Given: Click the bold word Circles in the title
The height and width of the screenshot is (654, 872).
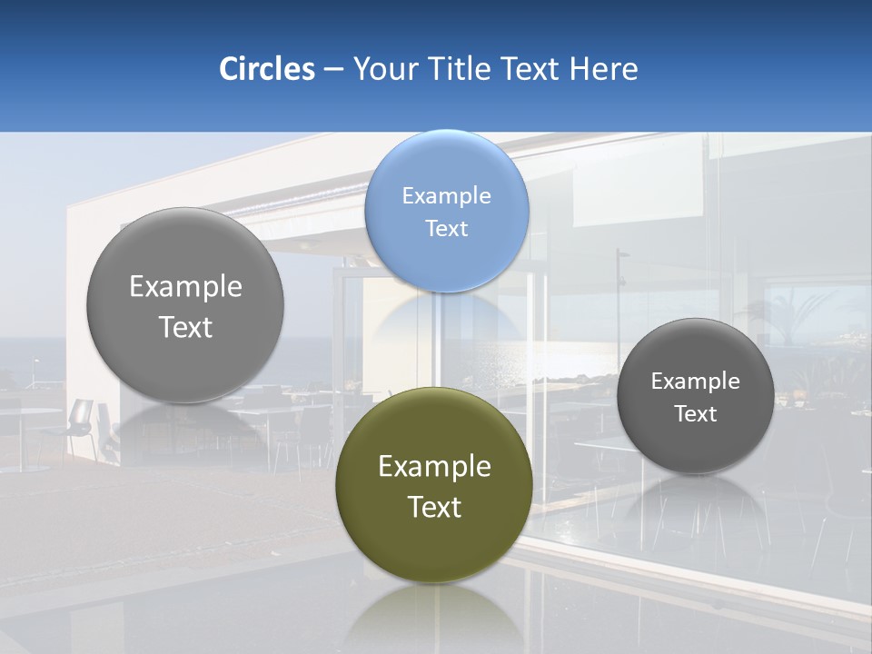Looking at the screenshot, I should click(x=267, y=69).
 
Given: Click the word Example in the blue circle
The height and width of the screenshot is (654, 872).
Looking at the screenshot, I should click(x=446, y=195).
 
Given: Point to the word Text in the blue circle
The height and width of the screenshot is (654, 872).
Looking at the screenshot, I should click(x=446, y=228).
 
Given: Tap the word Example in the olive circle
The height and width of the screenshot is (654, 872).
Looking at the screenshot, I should click(x=434, y=466).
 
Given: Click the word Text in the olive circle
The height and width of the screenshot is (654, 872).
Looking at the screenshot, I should click(x=434, y=506).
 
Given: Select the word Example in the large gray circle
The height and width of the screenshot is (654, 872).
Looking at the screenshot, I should click(x=185, y=286).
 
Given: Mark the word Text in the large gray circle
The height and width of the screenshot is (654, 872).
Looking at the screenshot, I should click(x=185, y=327).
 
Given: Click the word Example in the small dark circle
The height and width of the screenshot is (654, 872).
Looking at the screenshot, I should click(x=696, y=381).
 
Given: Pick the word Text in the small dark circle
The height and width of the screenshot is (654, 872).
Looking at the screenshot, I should click(x=696, y=413).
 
